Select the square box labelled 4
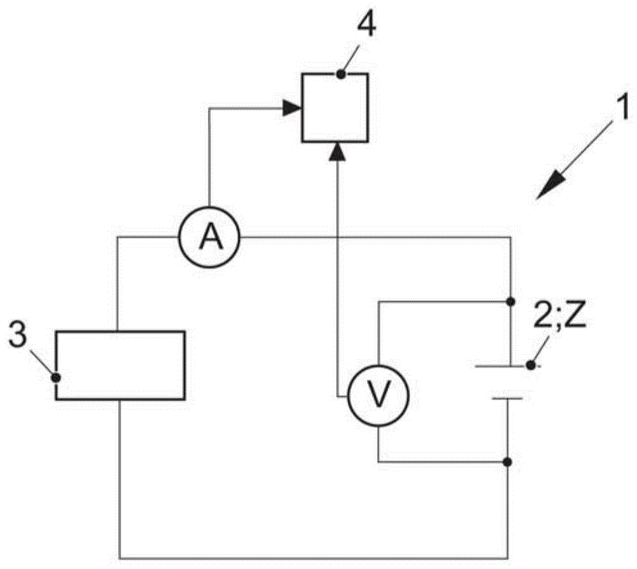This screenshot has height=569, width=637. [x=335, y=108]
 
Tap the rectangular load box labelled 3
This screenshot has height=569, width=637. [x=120, y=365]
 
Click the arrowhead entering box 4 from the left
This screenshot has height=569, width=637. [x=294, y=109]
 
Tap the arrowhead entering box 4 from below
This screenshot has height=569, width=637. [x=335, y=151]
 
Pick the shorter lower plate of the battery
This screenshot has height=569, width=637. [x=507, y=398]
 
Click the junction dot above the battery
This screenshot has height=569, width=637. [x=511, y=301]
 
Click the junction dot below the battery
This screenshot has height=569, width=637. [x=508, y=462]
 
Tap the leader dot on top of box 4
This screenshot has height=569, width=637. [x=341, y=74]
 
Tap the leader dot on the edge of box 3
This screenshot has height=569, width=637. [x=56, y=377]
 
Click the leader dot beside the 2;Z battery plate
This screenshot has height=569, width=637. [x=531, y=366]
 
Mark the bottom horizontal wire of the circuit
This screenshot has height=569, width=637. [x=314, y=556]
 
